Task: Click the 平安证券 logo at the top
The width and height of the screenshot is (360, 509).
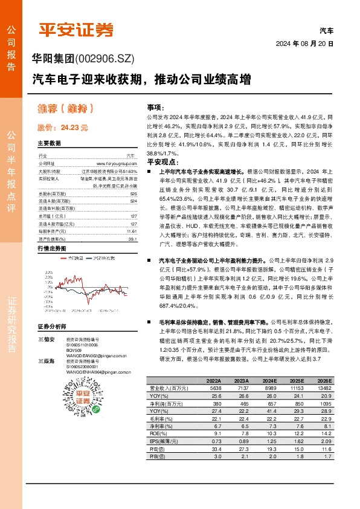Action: (76, 30)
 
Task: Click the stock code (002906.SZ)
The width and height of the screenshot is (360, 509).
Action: (100, 59)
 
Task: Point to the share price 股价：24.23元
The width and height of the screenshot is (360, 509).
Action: (63, 128)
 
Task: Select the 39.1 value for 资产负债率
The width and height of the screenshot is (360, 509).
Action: (133, 239)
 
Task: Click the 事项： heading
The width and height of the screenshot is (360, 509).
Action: (155, 106)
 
